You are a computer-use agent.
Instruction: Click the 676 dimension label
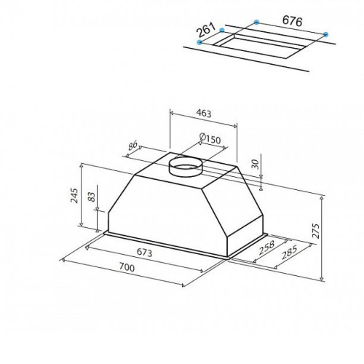click(293, 21)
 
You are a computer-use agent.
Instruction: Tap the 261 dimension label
click(206, 30)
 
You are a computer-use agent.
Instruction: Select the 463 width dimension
click(204, 114)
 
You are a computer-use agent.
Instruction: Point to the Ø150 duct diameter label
click(210, 139)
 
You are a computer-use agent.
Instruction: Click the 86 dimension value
click(132, 146)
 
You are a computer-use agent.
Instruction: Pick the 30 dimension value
click(255, 165)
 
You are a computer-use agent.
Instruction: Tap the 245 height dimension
click(74, 196)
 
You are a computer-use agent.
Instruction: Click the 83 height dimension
click(91, 197)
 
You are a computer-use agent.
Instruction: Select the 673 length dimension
click(144, 253)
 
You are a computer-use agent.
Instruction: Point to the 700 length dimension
click(127, 267)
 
